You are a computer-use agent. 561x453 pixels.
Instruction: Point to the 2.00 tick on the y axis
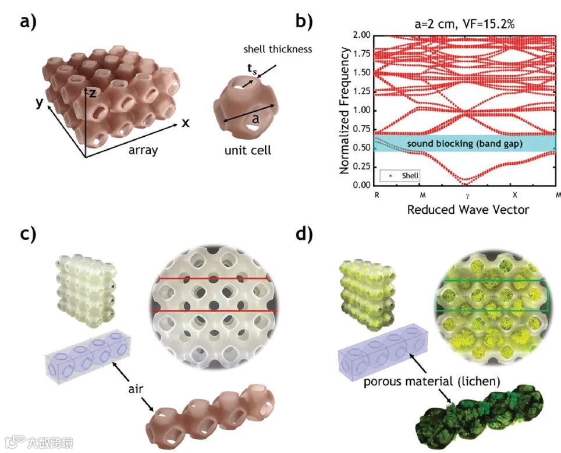(361, 35)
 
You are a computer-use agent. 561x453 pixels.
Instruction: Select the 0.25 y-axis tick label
(361, 166)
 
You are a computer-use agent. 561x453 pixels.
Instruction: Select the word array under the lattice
(142, 150)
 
